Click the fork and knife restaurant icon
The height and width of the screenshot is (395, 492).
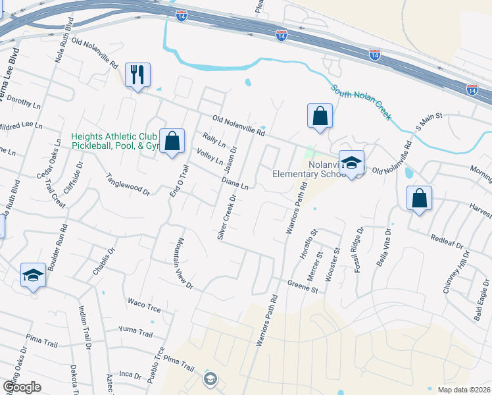tap(137, 76)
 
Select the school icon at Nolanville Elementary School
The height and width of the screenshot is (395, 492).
tap(351, 164)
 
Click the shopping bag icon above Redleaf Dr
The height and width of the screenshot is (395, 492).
tap(420, 198)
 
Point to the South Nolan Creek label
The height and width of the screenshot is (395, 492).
tap(361, 101)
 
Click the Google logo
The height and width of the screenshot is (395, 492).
tap(22, 387)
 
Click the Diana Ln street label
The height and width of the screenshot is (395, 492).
tap(235, 182)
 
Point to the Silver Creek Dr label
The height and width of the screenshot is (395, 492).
tap(226, 217)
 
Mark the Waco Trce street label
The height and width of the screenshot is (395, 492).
tap(145, 303)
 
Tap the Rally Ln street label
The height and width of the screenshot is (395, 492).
tap(214, 140)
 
